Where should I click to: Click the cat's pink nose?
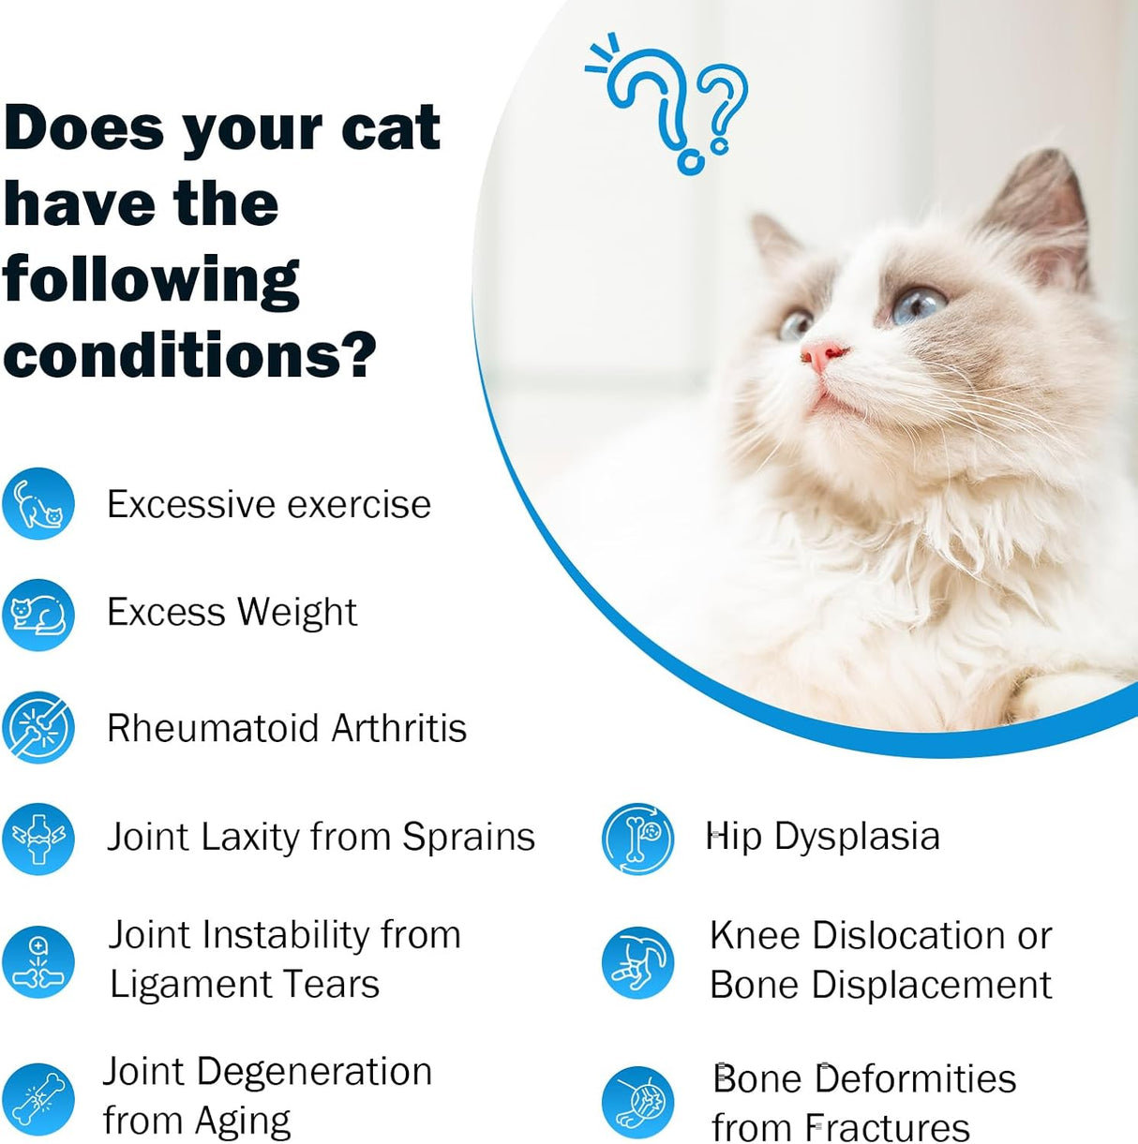(x=822, y=355)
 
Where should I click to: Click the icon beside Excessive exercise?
(x=38, y=504)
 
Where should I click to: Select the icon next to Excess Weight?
(x=38, y=615)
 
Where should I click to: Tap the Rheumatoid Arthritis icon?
(x=38, y=727)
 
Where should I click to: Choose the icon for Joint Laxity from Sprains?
(x=38, y=838)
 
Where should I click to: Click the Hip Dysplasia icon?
(x=637, y=838)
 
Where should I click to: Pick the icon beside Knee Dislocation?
(x=637, y=962)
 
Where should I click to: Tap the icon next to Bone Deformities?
(x=637, y=1102)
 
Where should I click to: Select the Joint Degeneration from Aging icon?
(x=38, y=1098)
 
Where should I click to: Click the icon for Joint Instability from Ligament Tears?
(x=38, y=962)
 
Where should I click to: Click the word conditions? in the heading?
(x=189, y=356)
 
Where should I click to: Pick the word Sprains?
(x=469, y=838)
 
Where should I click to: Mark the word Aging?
(x=243, y=1122)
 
